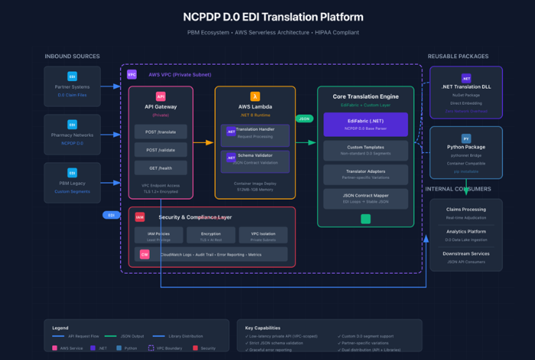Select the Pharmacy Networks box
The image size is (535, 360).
tap(72, 132)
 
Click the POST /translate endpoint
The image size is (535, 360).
tap(160, 131)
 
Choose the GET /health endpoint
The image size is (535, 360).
tap(160, 167)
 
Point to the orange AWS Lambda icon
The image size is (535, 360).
tap(255, 96)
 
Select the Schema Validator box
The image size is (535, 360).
tap(255, 159)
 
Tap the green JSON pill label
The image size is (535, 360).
tap(303, 118)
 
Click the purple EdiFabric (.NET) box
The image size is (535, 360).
tap(365, 124)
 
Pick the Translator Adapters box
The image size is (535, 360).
tap(365, 174)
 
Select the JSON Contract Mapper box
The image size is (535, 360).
tap(365, 198)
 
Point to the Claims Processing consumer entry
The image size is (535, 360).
tap(465, 212)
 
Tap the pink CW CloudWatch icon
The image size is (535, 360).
tap(144, 254)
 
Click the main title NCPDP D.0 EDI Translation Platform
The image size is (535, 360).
tap(267, 17)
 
